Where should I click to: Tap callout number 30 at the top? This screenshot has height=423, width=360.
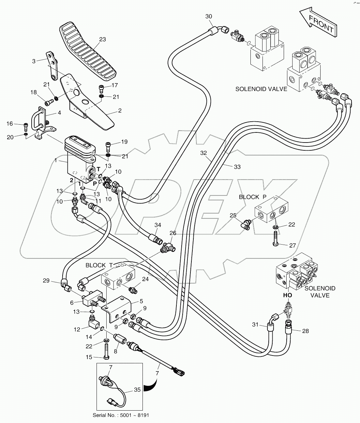pos(209,17)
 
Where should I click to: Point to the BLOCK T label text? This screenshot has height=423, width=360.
pos(96,265)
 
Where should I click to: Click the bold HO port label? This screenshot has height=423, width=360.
pos(288,295)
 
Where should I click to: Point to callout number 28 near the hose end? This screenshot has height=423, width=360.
pos(305,331)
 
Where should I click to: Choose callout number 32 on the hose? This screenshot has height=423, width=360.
pos(203,153)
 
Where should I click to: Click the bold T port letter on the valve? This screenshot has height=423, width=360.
pos(98,169)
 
